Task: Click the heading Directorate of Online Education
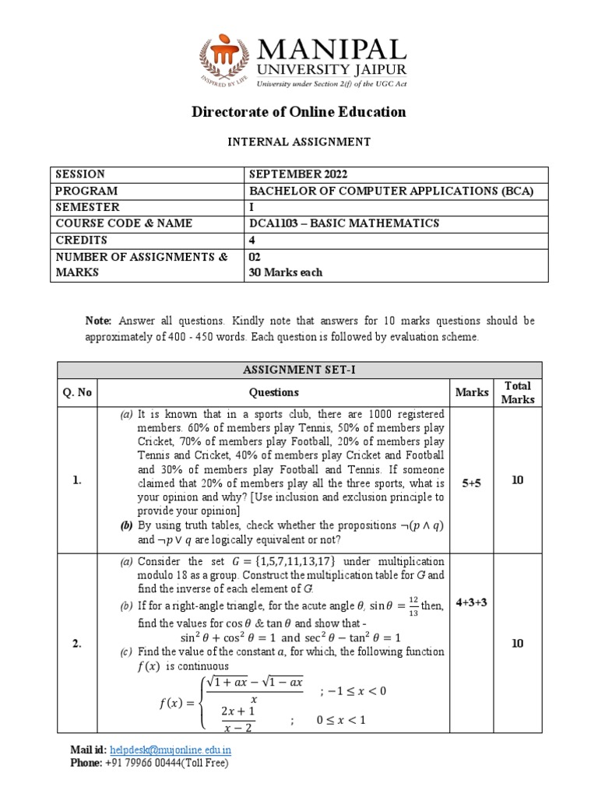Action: [299, 111]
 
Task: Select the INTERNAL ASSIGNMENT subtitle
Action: [299, 142]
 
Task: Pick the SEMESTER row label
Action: [87, 207]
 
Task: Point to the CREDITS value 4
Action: [252, 240]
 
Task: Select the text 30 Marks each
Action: [285, 272]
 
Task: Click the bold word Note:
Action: [99, 321]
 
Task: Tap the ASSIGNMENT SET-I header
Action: [299, 370]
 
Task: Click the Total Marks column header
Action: [518, 392]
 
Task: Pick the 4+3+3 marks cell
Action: [472, 602]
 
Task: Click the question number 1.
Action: [76, 481]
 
